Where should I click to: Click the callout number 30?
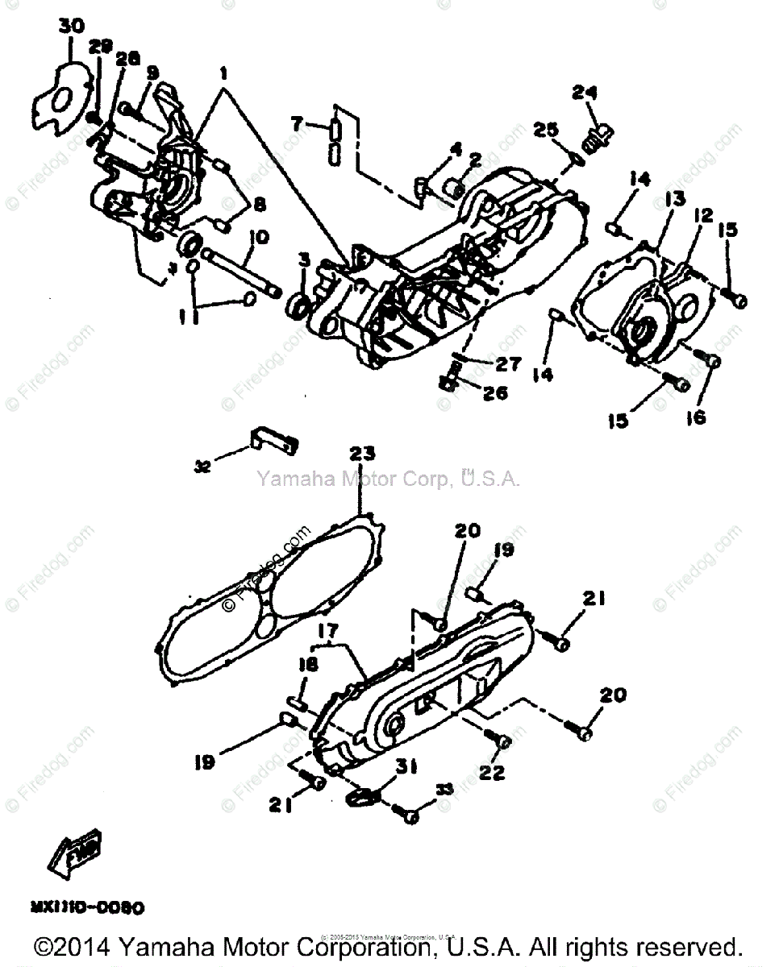click(72, 27)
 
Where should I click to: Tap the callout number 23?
click(362, 454)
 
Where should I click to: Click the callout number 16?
click(695, 417)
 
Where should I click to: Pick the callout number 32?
click(202, 465)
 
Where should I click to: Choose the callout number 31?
click(406, 768)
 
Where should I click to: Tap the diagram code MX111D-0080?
click(87, 907)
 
